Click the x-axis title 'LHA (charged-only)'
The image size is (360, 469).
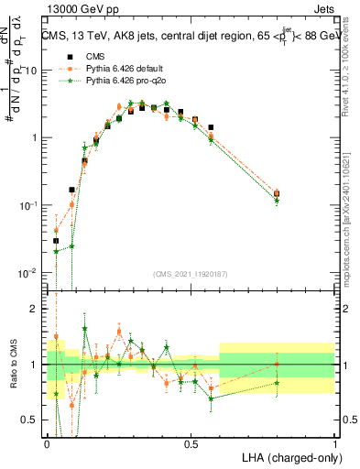(286, 456)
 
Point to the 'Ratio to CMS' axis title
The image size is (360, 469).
(14, 365)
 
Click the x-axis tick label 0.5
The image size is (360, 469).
(191, 443)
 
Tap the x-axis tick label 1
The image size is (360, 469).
(334, 443)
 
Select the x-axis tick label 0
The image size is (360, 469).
(48, 443)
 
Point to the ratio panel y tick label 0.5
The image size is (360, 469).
(31, 421)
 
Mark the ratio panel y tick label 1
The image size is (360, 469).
(36, 365)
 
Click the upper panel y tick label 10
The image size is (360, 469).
(30, 70)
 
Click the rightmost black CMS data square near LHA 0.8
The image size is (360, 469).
(278, 193)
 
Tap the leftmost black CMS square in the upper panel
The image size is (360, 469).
(56, 241)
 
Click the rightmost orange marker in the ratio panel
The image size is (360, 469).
(278, 364)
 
